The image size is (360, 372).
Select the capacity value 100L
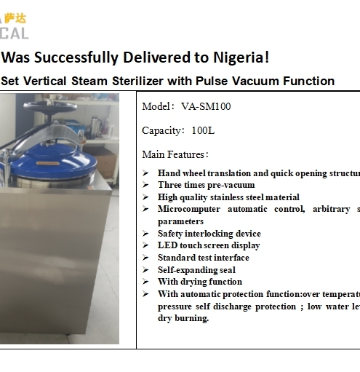coord(203,130)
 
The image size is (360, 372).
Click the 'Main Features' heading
coord(175,154)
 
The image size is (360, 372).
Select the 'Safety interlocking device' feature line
coord(209,234)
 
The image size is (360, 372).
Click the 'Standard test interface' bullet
coord(203,258)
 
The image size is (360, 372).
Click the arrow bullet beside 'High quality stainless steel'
coord(145,197)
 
